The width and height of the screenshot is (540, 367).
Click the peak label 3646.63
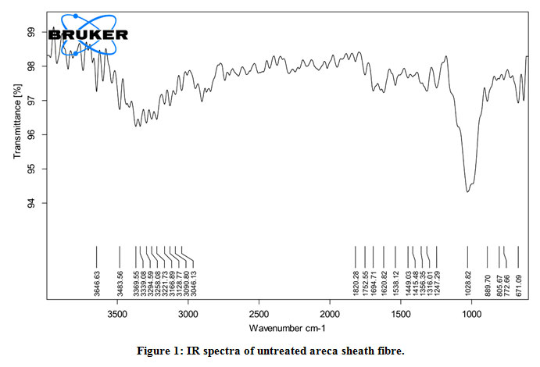point(96,283)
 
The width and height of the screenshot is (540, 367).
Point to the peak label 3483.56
point(120,283)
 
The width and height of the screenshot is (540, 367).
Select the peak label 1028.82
point(467,283)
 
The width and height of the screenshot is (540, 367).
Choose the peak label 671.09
point(518,283)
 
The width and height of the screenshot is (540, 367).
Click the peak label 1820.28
point(355,283)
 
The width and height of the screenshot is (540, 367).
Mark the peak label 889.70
point(487,283)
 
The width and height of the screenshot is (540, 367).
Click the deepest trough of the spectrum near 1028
point(467,191)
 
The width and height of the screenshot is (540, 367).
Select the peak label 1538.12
point(395,283)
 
